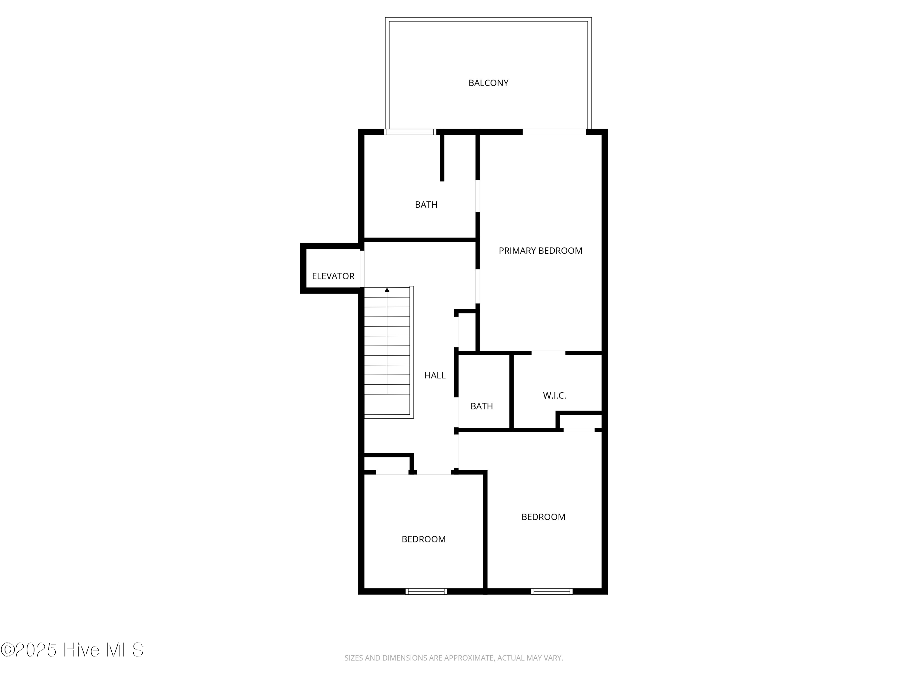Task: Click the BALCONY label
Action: (x=488, y=83)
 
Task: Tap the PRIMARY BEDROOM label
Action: (x=540, y=251)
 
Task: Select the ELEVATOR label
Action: (x=333, y=276)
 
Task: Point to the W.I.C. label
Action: (x=554, y=396)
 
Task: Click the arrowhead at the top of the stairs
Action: (x=387, y=290)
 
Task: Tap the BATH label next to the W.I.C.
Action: (x=482, y=406)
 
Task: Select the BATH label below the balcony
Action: (x=426, y=205)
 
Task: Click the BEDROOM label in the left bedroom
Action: (x=424, y=539)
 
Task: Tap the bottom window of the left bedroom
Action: (x=426, y=591)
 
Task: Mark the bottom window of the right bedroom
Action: (x=552, y=591)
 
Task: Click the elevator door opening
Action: (x=362, y=268)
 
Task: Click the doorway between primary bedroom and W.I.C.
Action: (x=548, y=353)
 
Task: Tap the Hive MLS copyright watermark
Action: (x=72, y=650)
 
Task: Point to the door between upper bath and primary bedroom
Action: (x=478, y=196)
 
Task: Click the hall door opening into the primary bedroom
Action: (x=478, y=286)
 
